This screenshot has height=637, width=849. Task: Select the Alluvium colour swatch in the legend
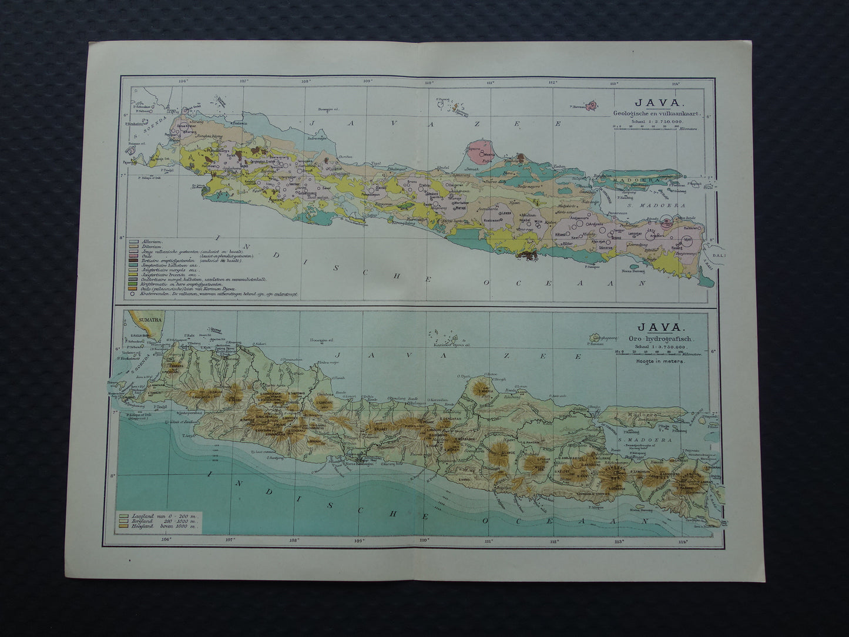134,242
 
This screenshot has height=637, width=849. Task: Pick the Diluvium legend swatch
134,246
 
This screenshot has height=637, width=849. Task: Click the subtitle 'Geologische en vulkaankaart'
655,113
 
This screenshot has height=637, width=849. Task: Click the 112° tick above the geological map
552,82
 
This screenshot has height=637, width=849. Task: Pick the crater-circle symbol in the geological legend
134,292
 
